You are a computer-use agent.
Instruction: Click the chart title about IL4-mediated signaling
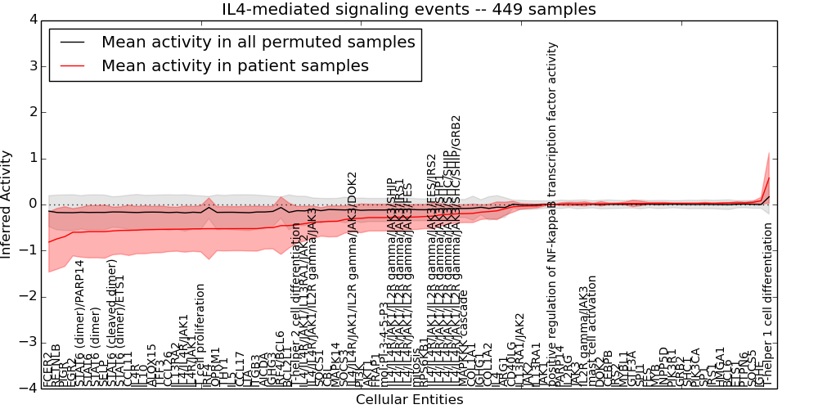409,9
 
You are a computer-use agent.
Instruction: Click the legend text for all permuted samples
258,42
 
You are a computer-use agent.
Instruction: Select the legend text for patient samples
235,65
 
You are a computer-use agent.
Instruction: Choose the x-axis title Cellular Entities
409,400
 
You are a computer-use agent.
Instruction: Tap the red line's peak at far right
769,178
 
